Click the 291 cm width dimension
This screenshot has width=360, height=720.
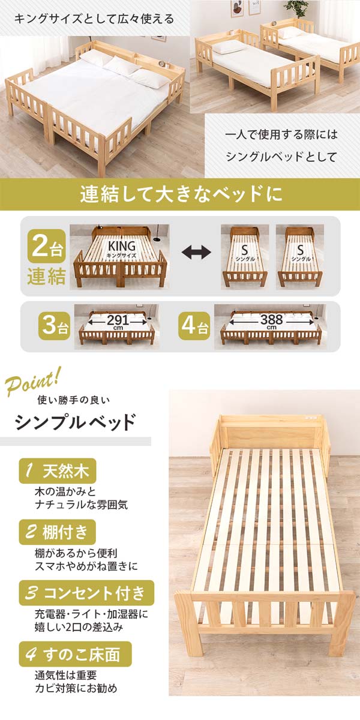point(118,322)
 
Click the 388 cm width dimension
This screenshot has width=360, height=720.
point(272,321)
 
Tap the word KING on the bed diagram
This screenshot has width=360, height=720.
point(121,246)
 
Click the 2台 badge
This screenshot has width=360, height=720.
point(47,247)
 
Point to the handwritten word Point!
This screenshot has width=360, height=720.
point(32,383)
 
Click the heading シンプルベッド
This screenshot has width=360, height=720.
point(75,422)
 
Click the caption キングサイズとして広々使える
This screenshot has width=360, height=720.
point(94,19)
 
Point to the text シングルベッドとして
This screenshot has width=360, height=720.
point(281,157)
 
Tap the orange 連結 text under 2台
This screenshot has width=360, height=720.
point(47,277)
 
